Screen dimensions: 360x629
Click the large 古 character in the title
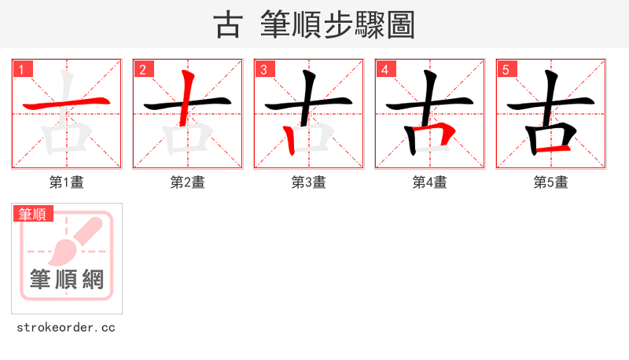pyautogui.click(x=228, y=24)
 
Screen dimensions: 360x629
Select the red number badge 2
pyautogui.click(x=144, y=69)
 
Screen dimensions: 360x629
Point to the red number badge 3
pyautogui.click(x=265, y=69)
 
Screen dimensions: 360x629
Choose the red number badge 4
pyautogui.click(x=386, y=69)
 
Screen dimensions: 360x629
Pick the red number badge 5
pyautogui.click(x=507, y=69)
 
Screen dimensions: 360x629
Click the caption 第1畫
pyautogui.click(x=67, y=182)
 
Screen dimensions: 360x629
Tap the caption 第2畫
pyautogui.click(x=188, y=182)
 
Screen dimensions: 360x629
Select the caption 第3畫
pyautogui.click(x=309, y=182)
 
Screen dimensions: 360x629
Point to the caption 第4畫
pyautogui.click(x=430, y=182)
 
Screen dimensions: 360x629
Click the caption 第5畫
pyautogui.click(x=551, y=182)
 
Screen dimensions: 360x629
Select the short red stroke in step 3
pyautogui.click(x=290, y=140)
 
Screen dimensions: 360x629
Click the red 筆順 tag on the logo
pyautogui.click(x=33, y=214)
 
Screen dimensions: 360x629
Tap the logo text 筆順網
pyautogui.click(x=67, y=279)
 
